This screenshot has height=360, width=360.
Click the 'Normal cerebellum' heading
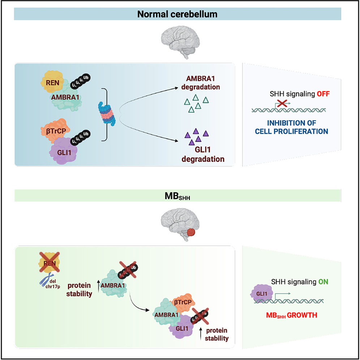pyautogui.click(x=178, y=14)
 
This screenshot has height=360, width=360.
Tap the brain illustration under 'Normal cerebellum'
pyautogui.click(x=178, y=45)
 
